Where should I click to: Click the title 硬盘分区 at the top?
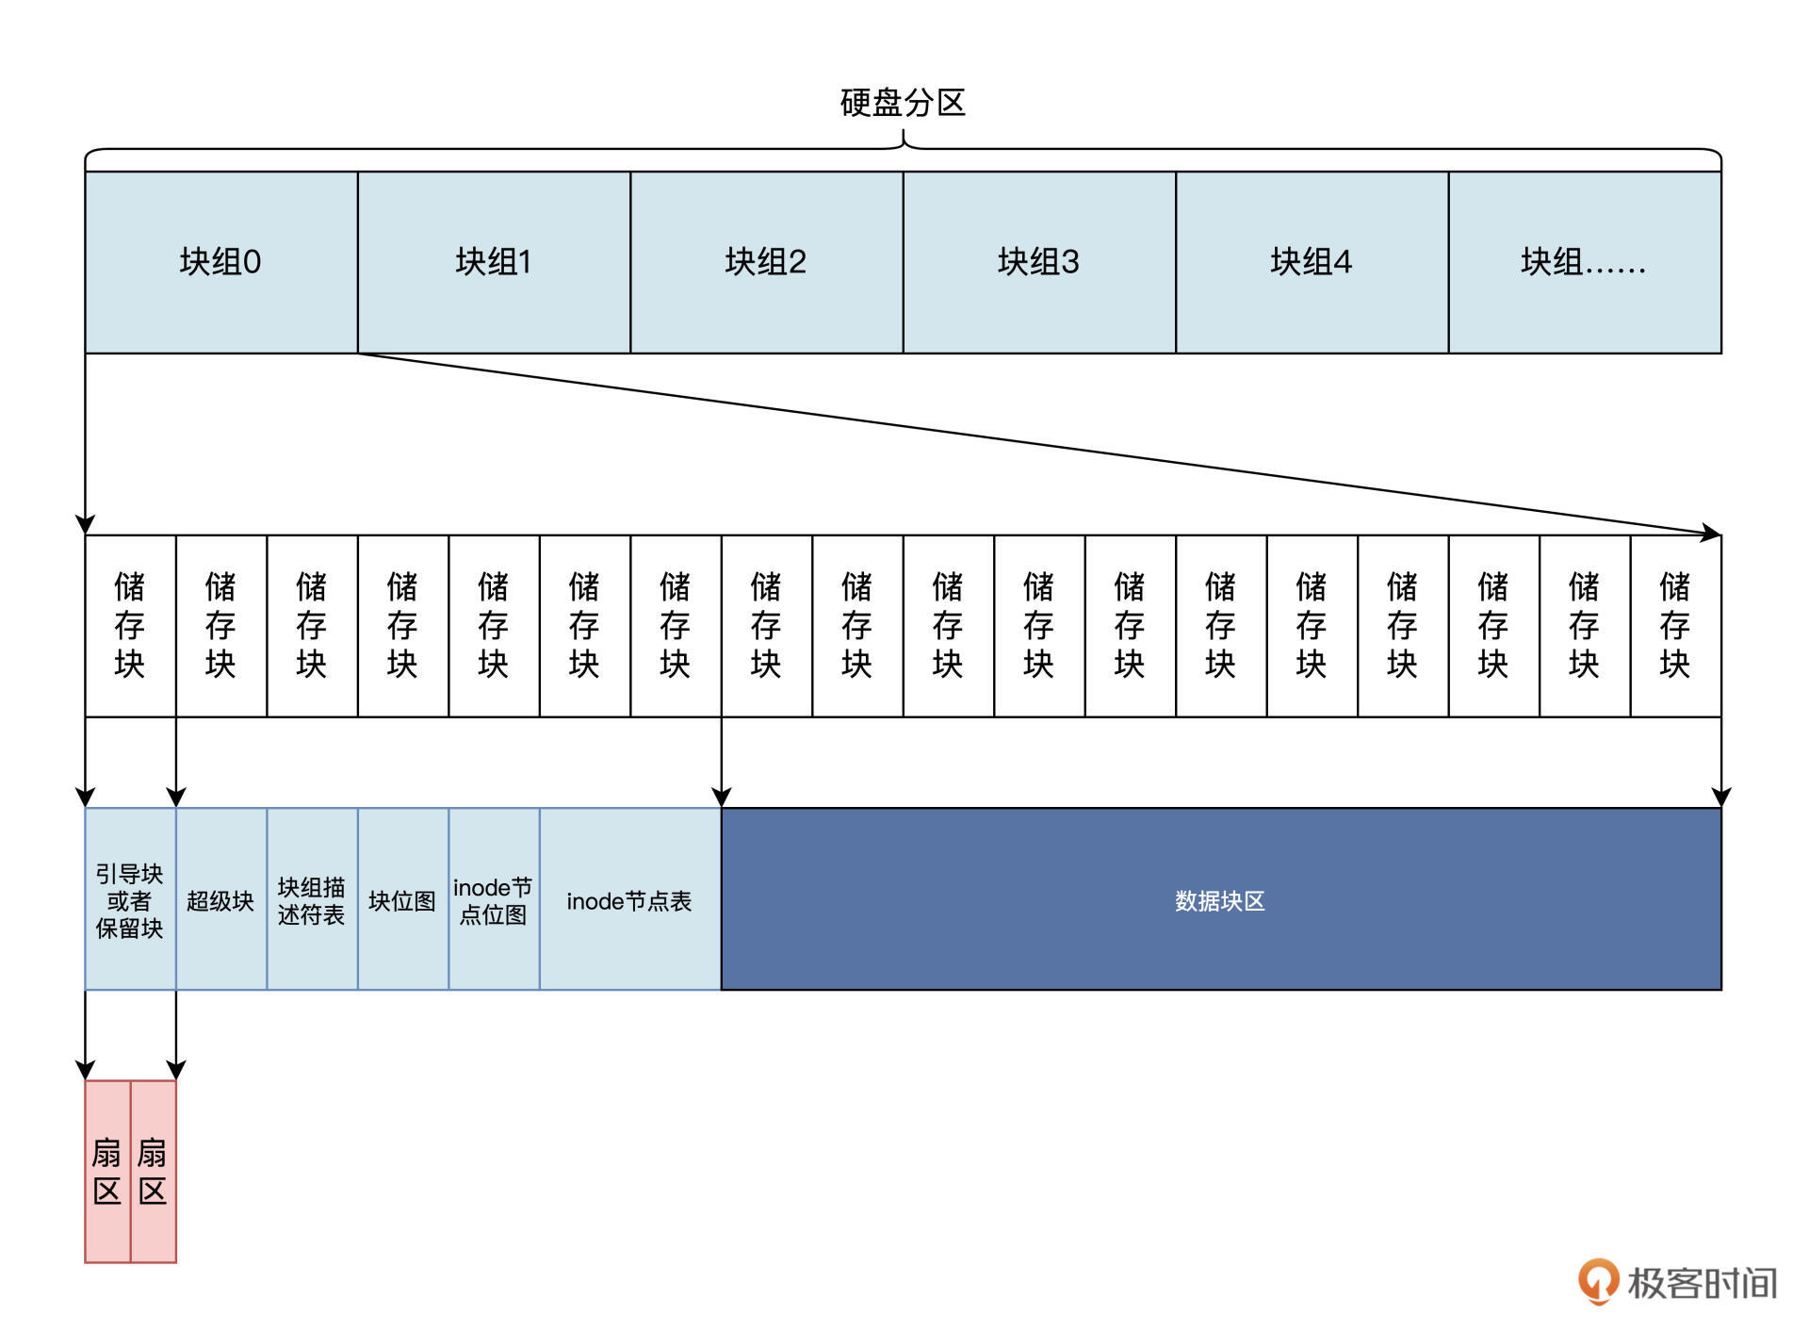tap(903, 103)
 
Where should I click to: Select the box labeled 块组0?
tap(220, 262)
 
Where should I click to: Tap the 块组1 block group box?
tap(494, 262)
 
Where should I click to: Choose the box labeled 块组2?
tap(766, 262)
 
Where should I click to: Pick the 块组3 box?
tap(1038, 262)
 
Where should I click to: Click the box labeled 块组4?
tap(1312, 262)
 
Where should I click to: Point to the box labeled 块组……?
tap(1584, 262)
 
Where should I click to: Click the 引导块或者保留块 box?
tap(130, 900)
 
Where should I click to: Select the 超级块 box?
tap(220, 900)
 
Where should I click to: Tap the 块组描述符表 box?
tap(312, 900)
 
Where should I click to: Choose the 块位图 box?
tap(402, 900)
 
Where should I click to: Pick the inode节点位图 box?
tap(494, 900)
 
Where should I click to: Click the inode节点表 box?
tap(629, 900)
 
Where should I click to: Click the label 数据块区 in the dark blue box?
tap(1219, 901)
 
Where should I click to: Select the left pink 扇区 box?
tap(107, 1171)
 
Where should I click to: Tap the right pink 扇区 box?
tap(153, 1171)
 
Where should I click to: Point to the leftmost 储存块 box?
tap(130, 626)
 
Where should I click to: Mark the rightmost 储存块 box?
tap(1675, 626)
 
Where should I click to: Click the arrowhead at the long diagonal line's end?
tap(1710, 534)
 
